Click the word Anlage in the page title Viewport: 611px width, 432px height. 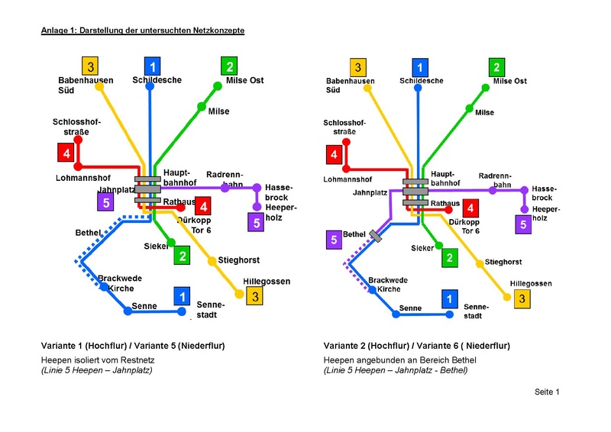(54, 29)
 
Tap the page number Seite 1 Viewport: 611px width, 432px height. (547, 392)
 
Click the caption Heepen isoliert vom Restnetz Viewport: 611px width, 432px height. (96, 359)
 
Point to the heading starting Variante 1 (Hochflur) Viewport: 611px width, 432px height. (133, 346)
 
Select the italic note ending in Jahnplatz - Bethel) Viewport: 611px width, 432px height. (395, 370)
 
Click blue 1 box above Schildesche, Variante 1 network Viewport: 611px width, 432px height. (153, 66)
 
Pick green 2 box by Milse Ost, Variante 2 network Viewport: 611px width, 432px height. (496, 66)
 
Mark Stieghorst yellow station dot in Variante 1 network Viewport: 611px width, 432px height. (212, 261)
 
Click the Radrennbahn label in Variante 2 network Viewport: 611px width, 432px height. (494, 179)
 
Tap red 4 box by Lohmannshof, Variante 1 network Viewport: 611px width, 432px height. (67, 153)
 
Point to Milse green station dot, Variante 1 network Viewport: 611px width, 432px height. (201, 105)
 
